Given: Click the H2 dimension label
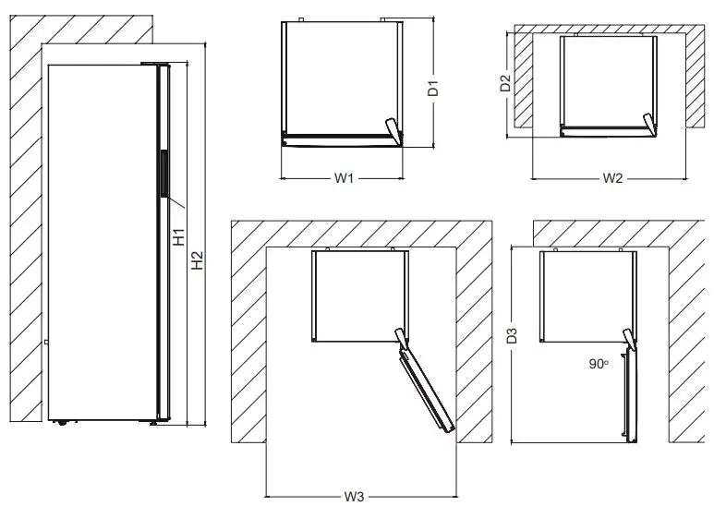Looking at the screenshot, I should coord(198,261).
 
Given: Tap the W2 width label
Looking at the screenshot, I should coord(611,177).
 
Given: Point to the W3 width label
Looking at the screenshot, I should coord(353,497).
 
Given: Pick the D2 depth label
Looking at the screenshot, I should coord(505,84).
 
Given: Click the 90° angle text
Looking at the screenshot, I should coord(598,365).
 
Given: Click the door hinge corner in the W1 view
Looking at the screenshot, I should coord(393,129).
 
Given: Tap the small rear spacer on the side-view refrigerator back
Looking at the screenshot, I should coord(45,343).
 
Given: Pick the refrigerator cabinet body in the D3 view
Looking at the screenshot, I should coord(587,295).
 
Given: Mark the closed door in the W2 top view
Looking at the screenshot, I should coord(605,130).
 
